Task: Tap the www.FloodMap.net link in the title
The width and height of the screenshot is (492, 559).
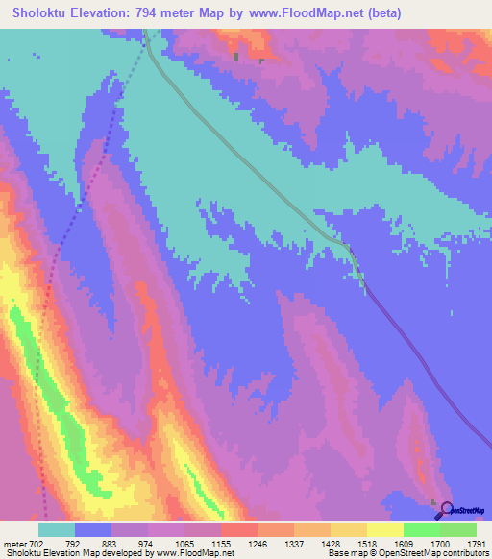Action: (x=307, y=13)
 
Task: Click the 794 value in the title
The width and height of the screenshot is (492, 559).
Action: (x=154, y=13)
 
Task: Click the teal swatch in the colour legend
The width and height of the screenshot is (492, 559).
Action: (x=57, y=529)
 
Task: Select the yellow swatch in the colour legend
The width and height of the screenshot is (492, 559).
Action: (x=384, y=529)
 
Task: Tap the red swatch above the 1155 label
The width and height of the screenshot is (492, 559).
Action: (x=238, y=529)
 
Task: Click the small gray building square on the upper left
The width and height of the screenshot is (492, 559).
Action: (x=235, y=58)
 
